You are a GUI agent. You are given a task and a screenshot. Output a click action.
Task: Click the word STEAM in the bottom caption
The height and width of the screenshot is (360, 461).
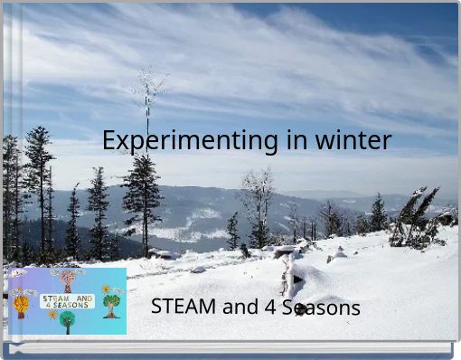click(x=183, y=307)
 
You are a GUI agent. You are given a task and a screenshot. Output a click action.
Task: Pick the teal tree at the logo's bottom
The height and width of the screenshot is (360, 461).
click(x=67, y=320)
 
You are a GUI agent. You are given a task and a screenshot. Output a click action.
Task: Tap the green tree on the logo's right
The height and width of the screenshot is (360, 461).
click(x=111, y=305)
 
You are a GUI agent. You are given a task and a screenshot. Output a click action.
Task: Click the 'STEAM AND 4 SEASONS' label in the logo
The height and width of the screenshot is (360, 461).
click(x=67, y=300)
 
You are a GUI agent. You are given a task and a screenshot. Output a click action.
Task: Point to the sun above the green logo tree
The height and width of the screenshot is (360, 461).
click(x=105, y=289)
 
